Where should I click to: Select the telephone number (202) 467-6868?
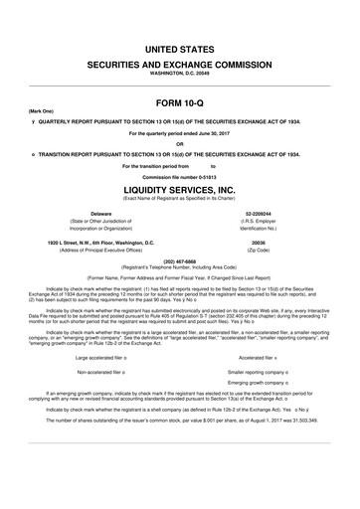(179, 261)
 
